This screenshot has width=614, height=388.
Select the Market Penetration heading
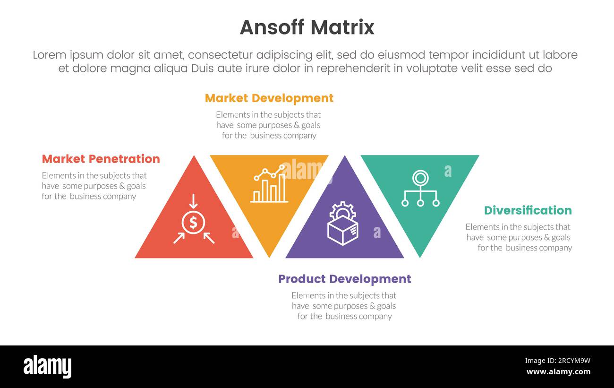tap(101, 159)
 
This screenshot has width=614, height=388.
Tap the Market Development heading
tap(269, 98)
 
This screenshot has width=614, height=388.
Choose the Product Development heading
tap(344, 279)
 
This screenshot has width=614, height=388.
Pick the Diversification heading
tap(528, 210)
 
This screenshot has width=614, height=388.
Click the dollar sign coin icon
tap(193, 222)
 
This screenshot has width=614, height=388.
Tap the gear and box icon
tap(342, 224)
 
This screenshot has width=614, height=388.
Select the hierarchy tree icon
tap(420, 189)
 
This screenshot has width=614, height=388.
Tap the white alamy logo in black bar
tap(47, 367)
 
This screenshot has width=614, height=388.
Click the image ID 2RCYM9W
tap(557, 361)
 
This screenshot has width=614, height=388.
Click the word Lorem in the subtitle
tap(49, 55)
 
